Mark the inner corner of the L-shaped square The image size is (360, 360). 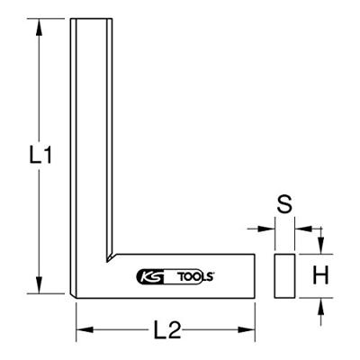(112, 255)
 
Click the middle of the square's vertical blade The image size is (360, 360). (93, 135)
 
